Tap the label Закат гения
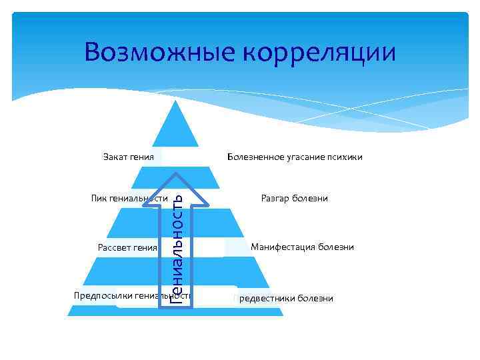click(x=129, y=157)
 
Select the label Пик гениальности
click(x=128, y=198)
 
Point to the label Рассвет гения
click(x=127, y=247)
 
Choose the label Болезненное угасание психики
click(x=295, y=157)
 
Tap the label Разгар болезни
click(x=295, y=198)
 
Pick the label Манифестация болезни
click(x=302, y=247)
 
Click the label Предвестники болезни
click(x=284, y=298)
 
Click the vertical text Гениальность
click(x=177, y=247)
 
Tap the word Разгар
click(x=276, y=198)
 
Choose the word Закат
click(x=115, y=157)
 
